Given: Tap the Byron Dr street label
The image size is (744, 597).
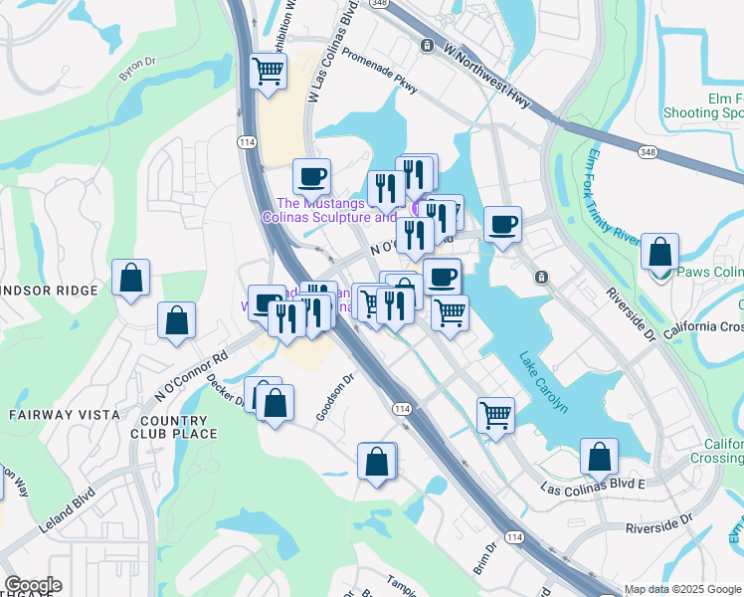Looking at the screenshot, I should coord(137,69).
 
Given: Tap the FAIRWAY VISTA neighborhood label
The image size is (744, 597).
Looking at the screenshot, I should coord(65,414).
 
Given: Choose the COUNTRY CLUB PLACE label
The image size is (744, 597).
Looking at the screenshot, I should coord(173,427).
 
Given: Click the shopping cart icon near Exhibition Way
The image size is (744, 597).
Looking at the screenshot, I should coord(269,74).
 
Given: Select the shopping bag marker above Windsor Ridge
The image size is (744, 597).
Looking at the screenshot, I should coord(131,280).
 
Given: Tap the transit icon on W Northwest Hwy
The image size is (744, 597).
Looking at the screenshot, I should coord(426,45).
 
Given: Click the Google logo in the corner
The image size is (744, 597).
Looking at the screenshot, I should coord(33,585).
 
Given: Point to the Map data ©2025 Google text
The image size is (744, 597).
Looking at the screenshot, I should coord(681,589).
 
